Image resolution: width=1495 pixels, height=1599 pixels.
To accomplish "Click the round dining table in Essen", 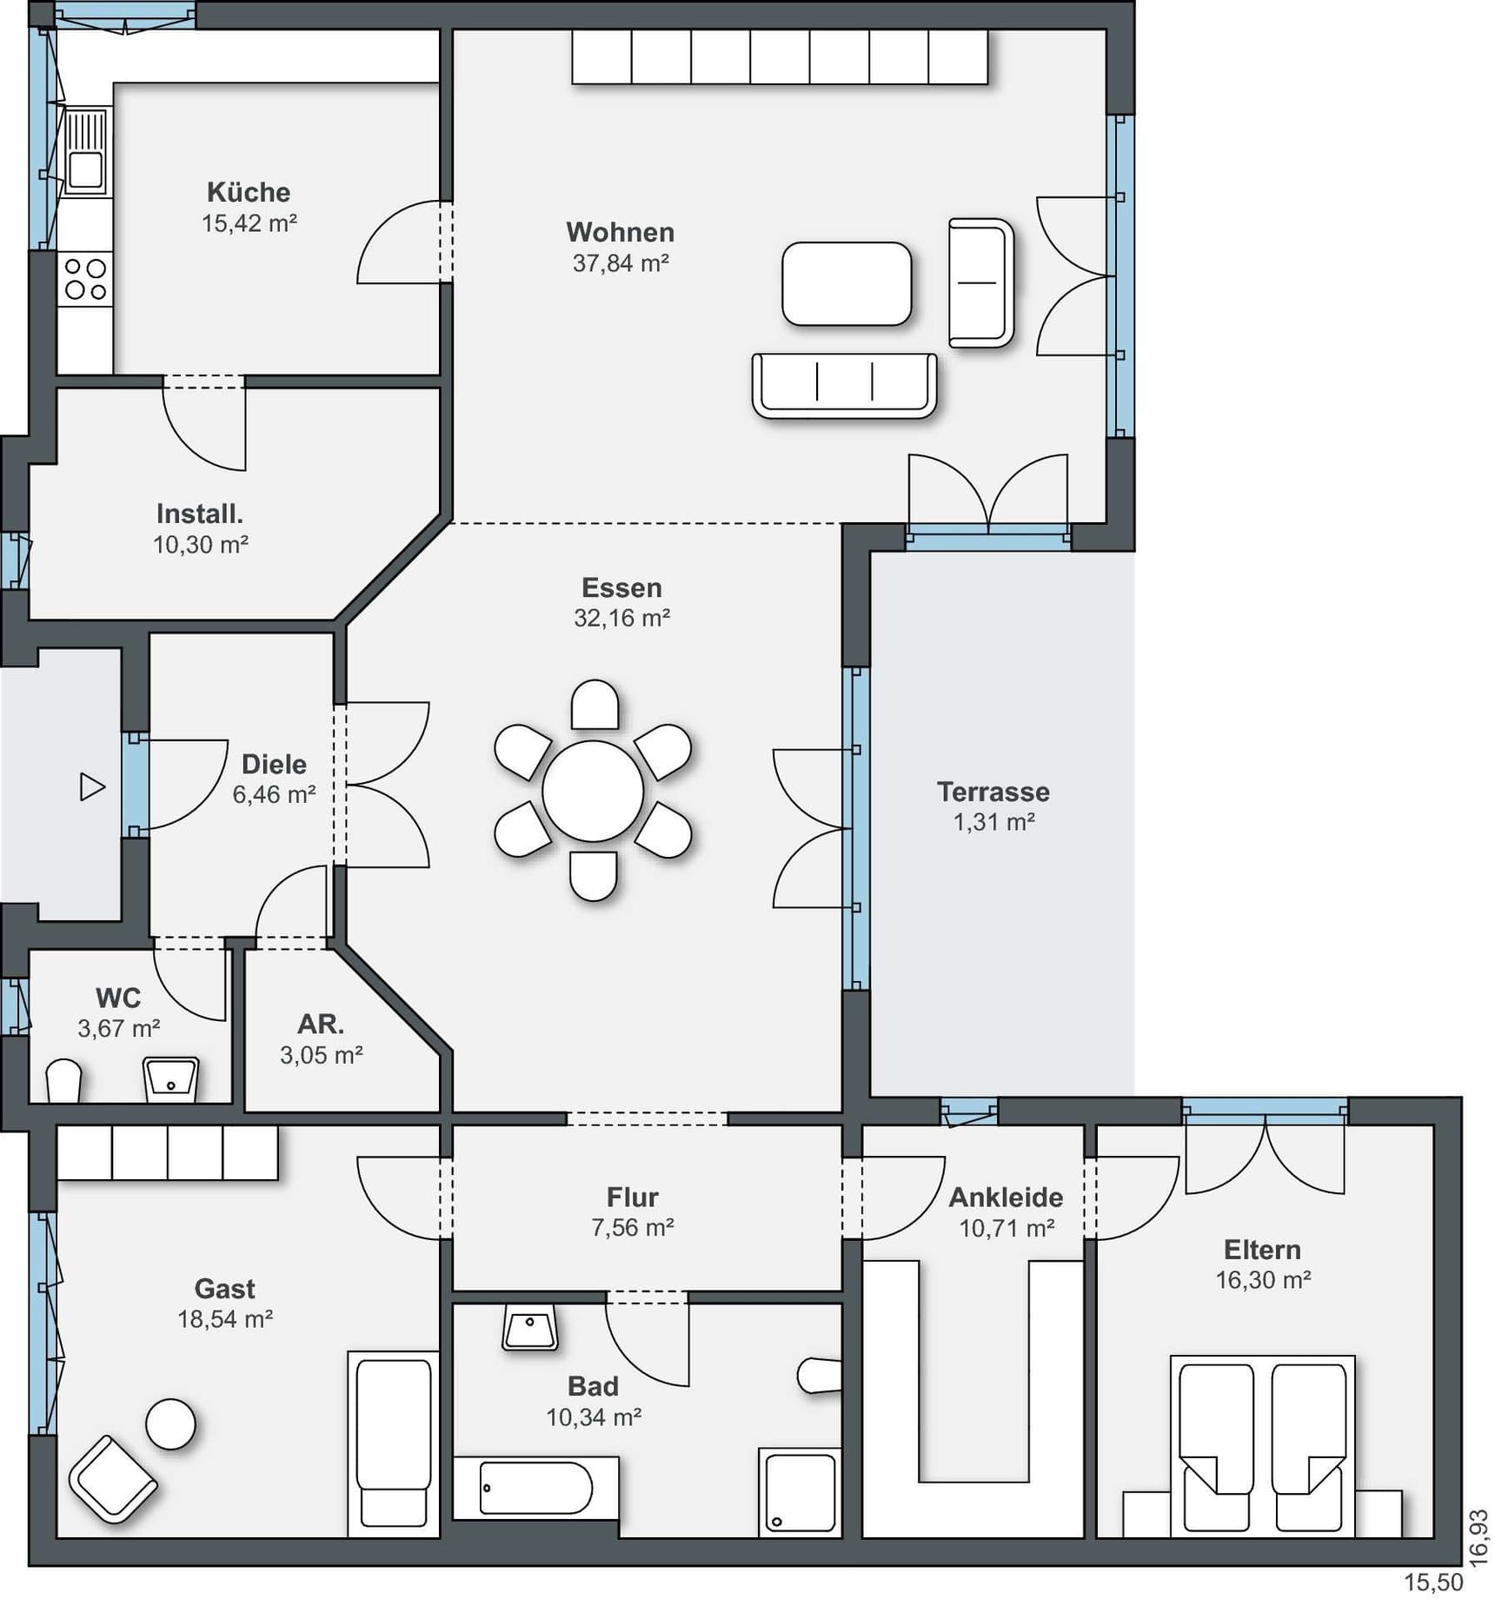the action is pyautogui.click(x=593, y=791).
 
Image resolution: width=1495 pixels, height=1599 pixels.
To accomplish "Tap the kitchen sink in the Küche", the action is pyautogui.click(x=85, y=151).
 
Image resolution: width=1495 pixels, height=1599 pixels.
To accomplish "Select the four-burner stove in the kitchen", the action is pyautogui.click(x=85, y=279).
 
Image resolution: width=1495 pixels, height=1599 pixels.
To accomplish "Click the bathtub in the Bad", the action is pyautogui.click(x=535, y=1488).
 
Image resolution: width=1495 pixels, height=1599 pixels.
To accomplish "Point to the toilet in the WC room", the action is pyautogui.click(x=63, y=1081).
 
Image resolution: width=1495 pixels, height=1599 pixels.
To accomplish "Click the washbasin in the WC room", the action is pyautogui.click(x=171, y=1079).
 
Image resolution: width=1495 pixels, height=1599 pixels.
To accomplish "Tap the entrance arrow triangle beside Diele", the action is pyautogui.click(x=92, y=786).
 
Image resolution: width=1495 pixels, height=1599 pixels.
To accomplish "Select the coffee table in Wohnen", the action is pyautogui.click(x=847, y=283).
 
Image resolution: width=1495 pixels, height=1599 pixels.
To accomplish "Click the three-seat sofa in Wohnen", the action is pyautogui.click(x=844, y=385).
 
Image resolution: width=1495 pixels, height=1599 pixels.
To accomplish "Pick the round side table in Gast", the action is pyautogui.click(x=170, y=1424).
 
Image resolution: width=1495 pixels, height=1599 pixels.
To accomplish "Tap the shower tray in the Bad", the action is pyautogui.click(x=800, y=1492).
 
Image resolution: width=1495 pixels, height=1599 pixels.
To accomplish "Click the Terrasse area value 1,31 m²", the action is pyautogui.click(x=993, y=822).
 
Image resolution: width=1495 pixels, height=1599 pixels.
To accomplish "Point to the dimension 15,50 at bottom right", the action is pyautogui.click(x=1433, y=1582).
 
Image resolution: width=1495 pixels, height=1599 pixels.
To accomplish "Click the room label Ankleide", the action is pyautogui.click(x=1006, y=1197).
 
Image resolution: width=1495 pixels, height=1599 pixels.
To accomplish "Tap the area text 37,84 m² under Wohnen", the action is pyautogui.click(x=621, y=262).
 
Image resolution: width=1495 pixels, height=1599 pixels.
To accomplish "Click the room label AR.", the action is pyautogui.click(x=321, y=1024).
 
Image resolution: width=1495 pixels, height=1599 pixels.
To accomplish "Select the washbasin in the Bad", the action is pyautogui.click(x=530, y=1327).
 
